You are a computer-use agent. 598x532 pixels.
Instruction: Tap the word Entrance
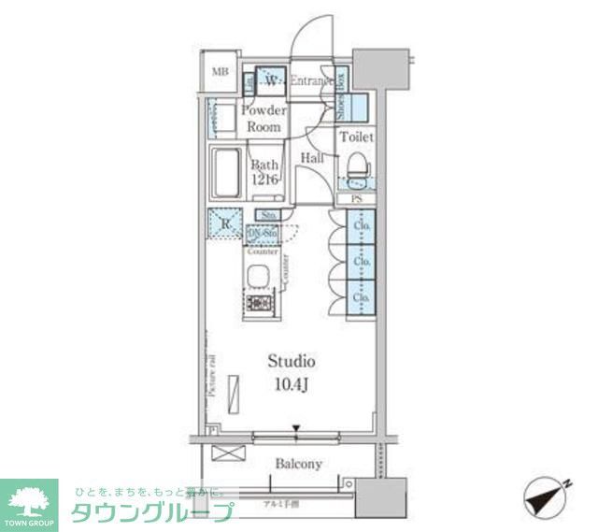[311, 81]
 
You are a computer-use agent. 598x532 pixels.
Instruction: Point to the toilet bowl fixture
[356, 168]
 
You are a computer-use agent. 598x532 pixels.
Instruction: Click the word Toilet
[356, 137]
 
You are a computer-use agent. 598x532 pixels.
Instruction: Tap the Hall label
[312, 159]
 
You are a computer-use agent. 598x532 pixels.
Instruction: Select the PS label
[356, 199]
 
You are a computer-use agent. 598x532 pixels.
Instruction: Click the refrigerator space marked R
[223, 223]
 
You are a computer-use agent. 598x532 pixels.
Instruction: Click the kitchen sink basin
[258, 276]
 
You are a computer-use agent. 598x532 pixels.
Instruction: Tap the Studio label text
[292, 361]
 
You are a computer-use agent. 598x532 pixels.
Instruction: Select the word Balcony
[298, 464]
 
